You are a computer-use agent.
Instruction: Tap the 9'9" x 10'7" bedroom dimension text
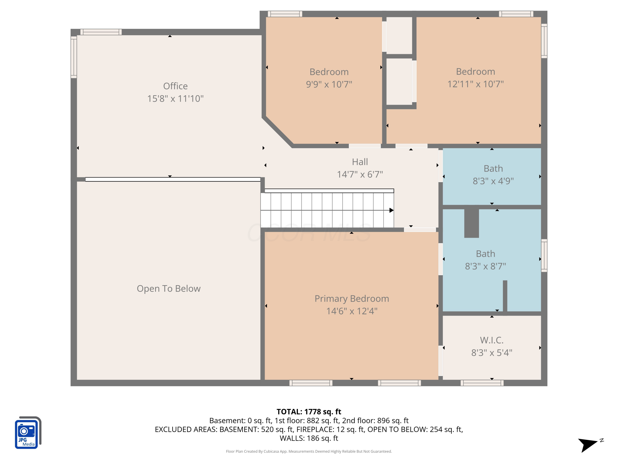(x=329, y=84)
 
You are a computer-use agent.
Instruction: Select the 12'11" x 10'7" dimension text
(x=475, y=84)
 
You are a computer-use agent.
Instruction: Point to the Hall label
(x=360, y=162)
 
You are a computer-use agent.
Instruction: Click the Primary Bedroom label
(x=352, y=299)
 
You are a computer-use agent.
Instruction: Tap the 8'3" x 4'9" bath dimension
(x=493, y=181)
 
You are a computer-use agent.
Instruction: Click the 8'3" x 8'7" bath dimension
(x=486, y=266)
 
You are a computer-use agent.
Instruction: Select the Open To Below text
(x=169, y=289)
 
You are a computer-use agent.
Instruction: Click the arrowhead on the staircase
(x=392, y=210)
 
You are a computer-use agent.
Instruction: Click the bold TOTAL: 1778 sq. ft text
(x=309, y=412)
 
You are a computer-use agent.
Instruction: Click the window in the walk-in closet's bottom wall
(x=482, y=383)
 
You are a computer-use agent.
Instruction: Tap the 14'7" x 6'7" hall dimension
(x=360, y=174)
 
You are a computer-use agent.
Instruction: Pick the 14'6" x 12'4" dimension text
(x=352, y=311)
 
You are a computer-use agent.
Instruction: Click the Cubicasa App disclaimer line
(x=309, y=451)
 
